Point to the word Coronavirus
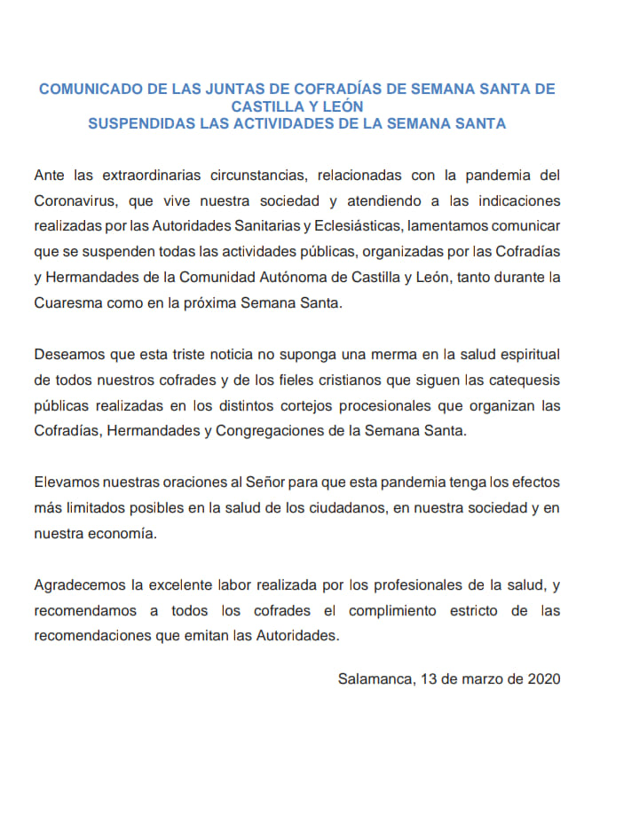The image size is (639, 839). (x=75, y=200)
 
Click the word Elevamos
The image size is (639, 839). (x=70, y=485)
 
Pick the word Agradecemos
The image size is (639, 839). (x=81, y=586)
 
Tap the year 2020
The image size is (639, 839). (x=544, y=679)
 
